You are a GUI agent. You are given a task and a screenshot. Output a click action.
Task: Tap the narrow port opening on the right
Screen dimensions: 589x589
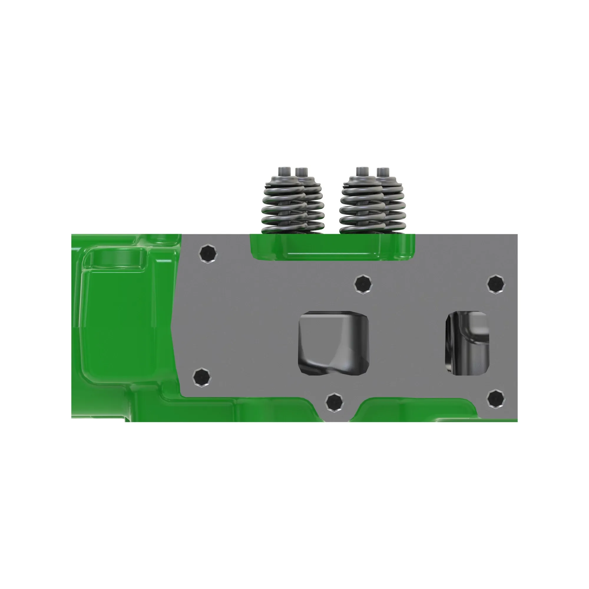(x=467, y=343)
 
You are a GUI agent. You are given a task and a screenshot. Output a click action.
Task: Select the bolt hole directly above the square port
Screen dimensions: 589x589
(x=363, y=284)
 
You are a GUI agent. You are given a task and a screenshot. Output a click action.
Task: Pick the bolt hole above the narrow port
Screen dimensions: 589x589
(x=496, y=284)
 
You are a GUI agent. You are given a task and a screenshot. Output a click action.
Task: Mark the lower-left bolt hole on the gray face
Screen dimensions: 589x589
(x=202, y=378)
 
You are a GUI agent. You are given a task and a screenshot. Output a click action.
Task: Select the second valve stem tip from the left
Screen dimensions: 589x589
(x=302, y=171)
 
